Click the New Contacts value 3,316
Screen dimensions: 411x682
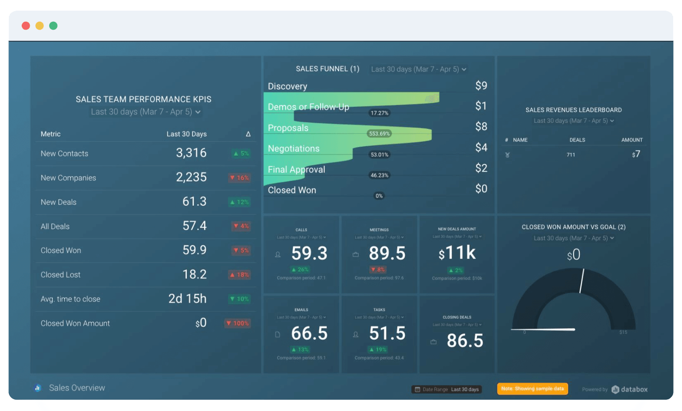point(191,153)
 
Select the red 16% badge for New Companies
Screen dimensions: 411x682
point(240,178)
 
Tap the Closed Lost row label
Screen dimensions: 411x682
point(61,275)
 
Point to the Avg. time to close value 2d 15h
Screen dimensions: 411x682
point(187,299)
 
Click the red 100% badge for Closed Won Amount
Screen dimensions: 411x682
point(238,323)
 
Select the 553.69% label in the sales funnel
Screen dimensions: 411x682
point(379,134)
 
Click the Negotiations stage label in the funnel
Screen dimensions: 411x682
point(294,149)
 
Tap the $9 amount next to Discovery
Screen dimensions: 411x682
point(481,86)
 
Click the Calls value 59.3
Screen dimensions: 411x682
point(309,253)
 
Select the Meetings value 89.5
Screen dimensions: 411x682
point(387,253)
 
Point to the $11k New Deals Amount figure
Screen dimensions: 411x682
point(457,253)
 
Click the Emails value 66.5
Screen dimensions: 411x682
point(309,333)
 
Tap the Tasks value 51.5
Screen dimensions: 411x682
point(387,333)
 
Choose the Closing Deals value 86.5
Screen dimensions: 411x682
point(465,341)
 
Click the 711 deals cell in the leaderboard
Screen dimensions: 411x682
point(571,155)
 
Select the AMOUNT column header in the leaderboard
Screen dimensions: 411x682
point(632,140)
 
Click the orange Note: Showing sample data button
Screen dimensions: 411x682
point(532,389)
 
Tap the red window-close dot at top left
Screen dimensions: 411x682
point(26,26)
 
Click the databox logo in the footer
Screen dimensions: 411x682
point(629,389)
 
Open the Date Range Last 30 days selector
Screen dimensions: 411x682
point(447,389)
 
